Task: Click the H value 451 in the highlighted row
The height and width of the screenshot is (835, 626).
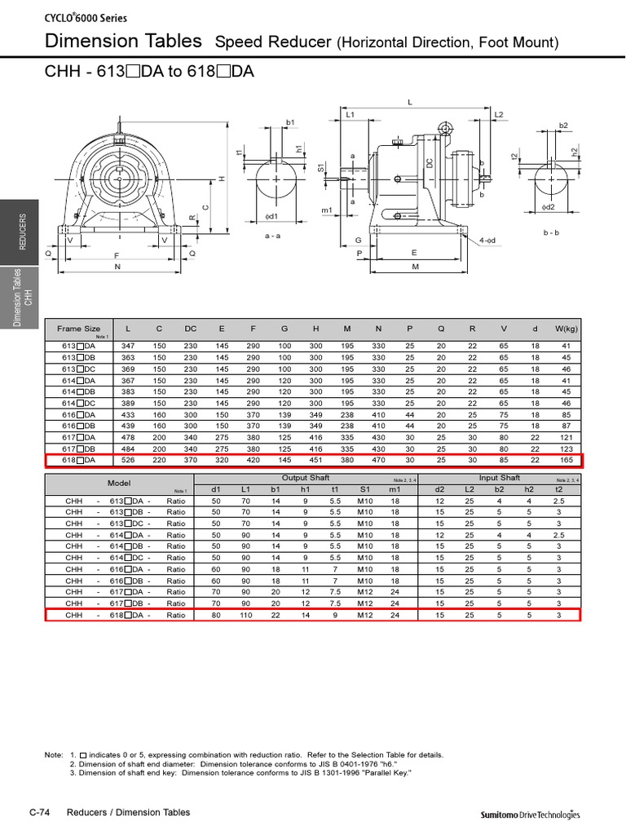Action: click(316, 460)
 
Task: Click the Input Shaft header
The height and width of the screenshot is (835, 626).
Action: click(499, 478)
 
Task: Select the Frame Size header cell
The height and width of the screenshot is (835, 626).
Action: click(80, 329)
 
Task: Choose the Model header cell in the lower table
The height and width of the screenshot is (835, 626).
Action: click(119, 483)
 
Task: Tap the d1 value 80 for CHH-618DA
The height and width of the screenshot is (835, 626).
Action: click(216, 615)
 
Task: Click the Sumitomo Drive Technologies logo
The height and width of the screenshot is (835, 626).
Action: click(530, 814)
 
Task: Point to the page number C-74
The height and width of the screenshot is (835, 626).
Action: click(41, 812)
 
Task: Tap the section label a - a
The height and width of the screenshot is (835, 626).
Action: click(273, 235)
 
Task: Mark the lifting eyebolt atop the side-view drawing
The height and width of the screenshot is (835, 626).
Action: click(444, 128)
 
